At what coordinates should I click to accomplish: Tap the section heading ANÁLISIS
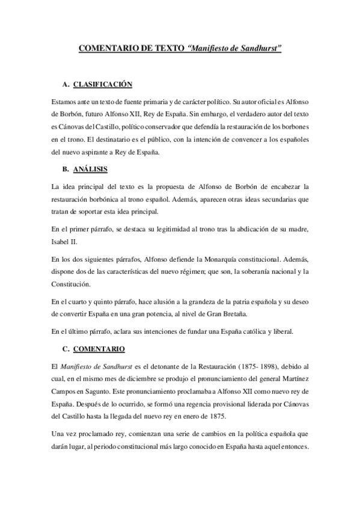pyautogui.click(x=91, y=169)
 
